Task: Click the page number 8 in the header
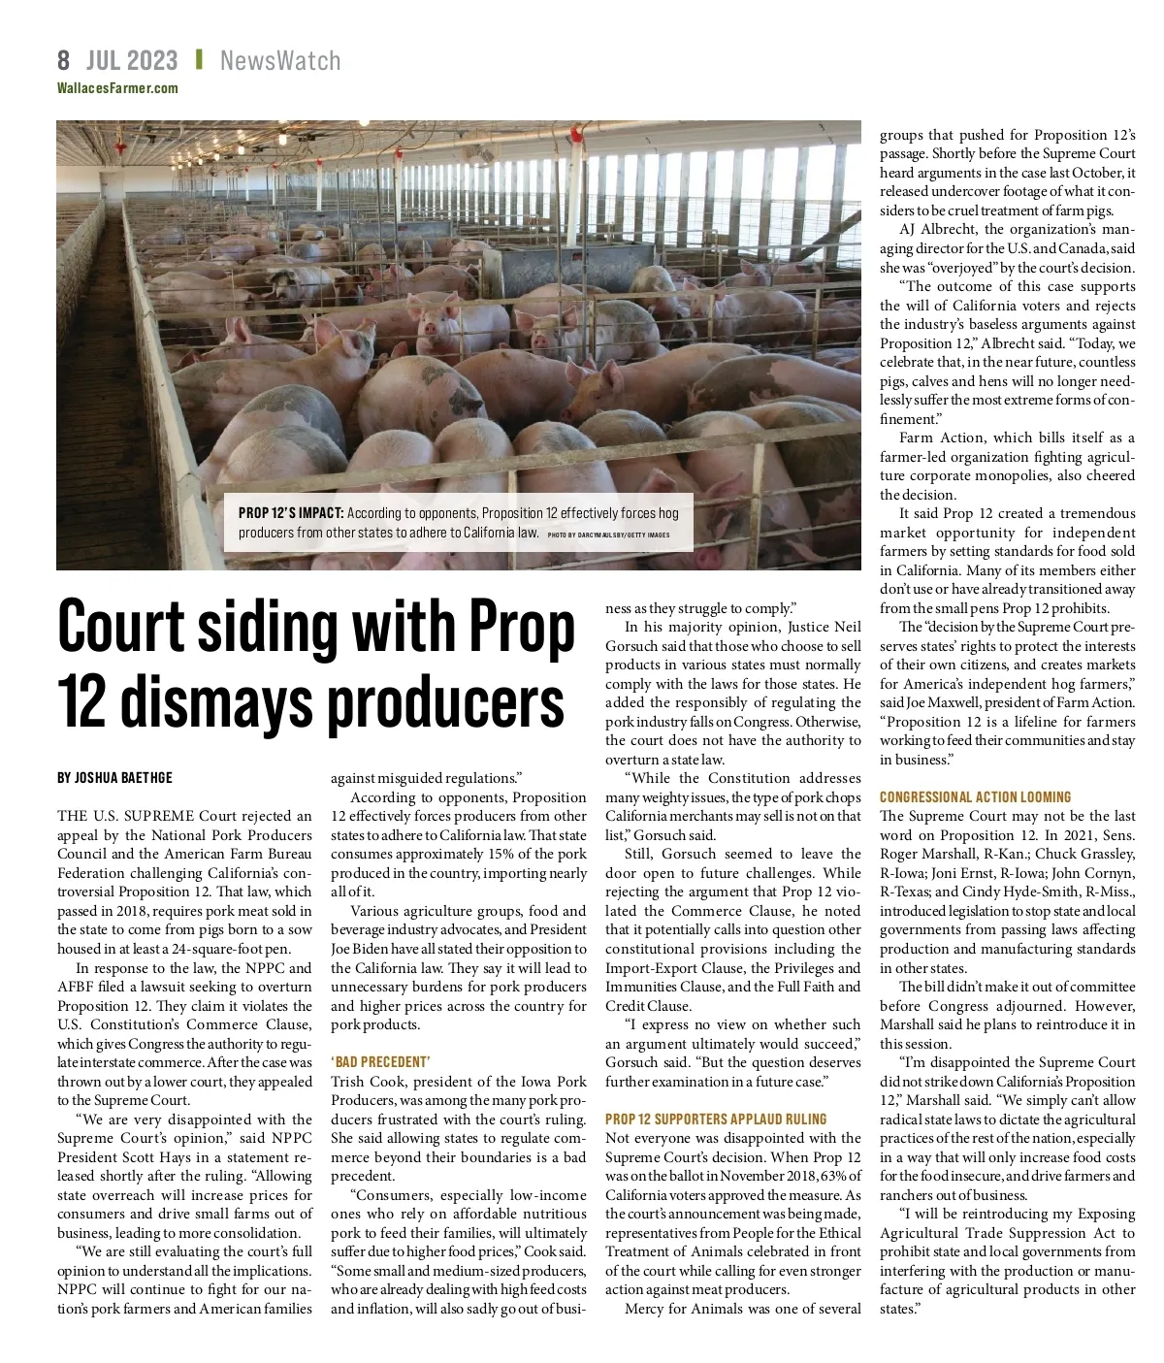pyautogui.click(x=63, y=61)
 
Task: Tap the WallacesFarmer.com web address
pyautogui.click(x=117, y=88)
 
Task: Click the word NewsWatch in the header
pyautogui.click(x=280, y=61)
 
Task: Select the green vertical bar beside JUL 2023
pyautogui.click(x=199, y=60)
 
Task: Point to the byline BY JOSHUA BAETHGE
pyautogui.click(x=114, y=778)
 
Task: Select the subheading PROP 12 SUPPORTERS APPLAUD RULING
pyautogui.click(x=716, y=1119)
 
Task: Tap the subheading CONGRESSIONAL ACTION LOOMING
pyautogui.click(x=975, y=797)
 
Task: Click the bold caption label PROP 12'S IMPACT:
pyautogui.click(x=290, y=512)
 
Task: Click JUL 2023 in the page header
pyautogui.click(x=132, y=61)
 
